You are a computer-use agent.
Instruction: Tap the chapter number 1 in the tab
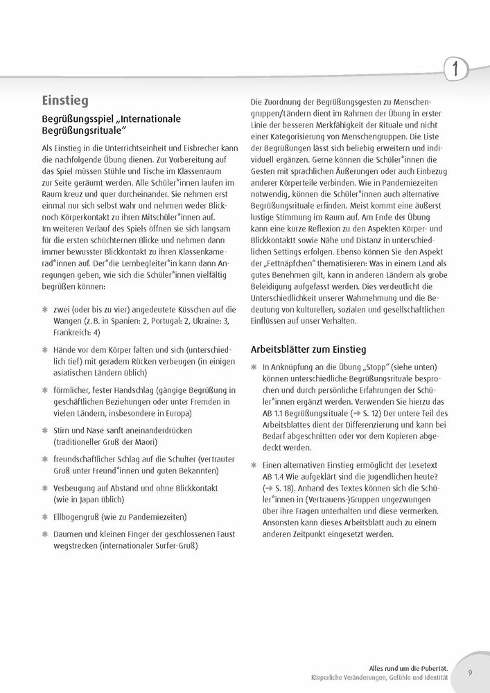click(455, 69)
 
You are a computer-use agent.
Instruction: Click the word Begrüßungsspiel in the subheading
click(82, 119)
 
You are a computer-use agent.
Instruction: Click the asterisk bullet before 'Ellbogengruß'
click(45, 516)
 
